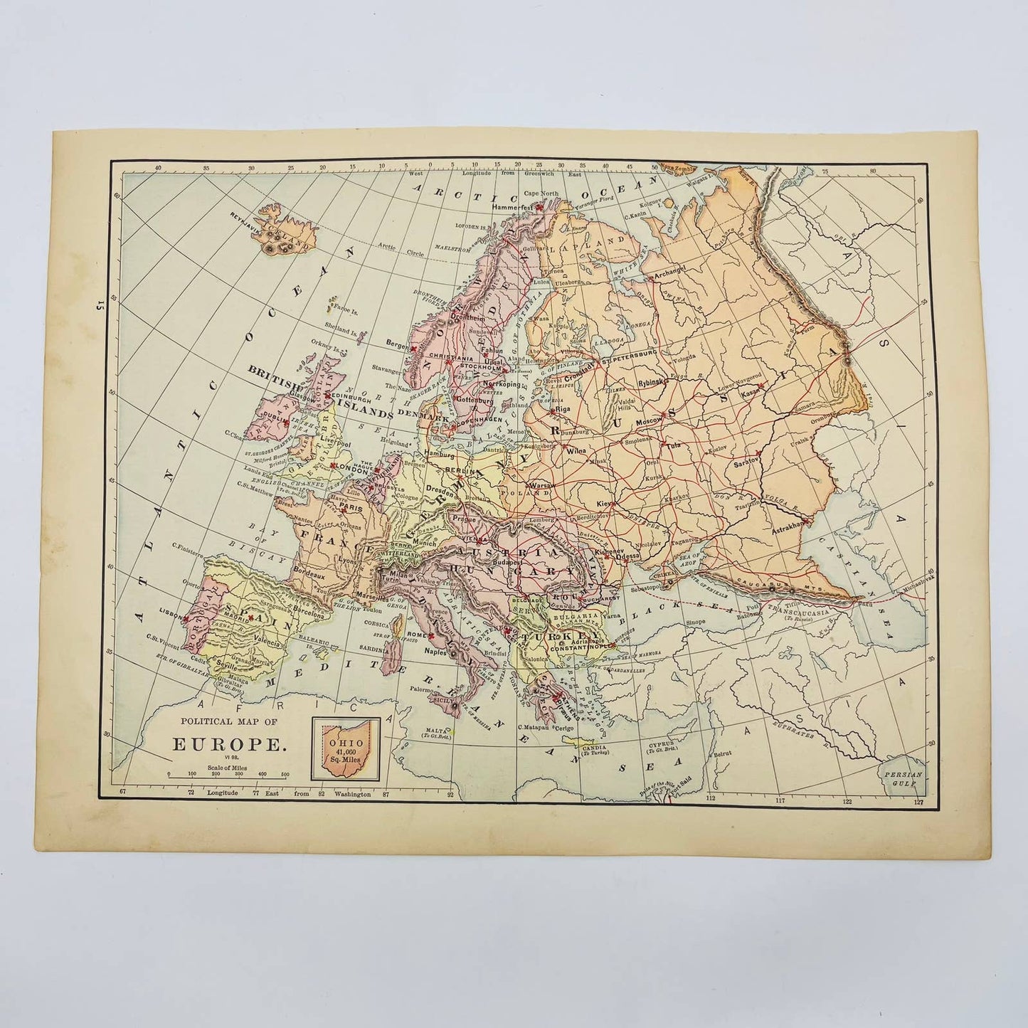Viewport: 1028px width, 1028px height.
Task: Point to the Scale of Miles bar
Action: pyautogui.click(x=226, y=773)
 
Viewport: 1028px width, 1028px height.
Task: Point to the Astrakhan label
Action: pyautogui.click(x=783, y=524)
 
